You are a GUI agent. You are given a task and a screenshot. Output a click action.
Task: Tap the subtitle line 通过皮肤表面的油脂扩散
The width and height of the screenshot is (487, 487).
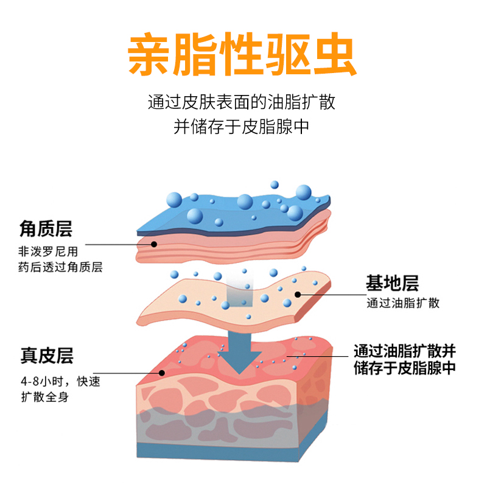point(242,102)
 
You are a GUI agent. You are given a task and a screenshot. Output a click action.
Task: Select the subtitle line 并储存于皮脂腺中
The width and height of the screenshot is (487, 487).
point(242,127)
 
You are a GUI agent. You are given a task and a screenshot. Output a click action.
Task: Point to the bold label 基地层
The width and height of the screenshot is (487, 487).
point(392,283)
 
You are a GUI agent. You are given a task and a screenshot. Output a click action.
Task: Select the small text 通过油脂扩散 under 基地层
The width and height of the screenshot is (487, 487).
point(403,303)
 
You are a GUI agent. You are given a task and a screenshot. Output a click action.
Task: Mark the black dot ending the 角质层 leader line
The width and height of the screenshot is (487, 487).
point(155,244)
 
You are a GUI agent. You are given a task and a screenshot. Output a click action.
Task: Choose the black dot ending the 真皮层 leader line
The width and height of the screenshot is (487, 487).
point(162,374)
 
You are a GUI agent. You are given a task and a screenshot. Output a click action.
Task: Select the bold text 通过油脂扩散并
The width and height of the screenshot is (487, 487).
point(404,351)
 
